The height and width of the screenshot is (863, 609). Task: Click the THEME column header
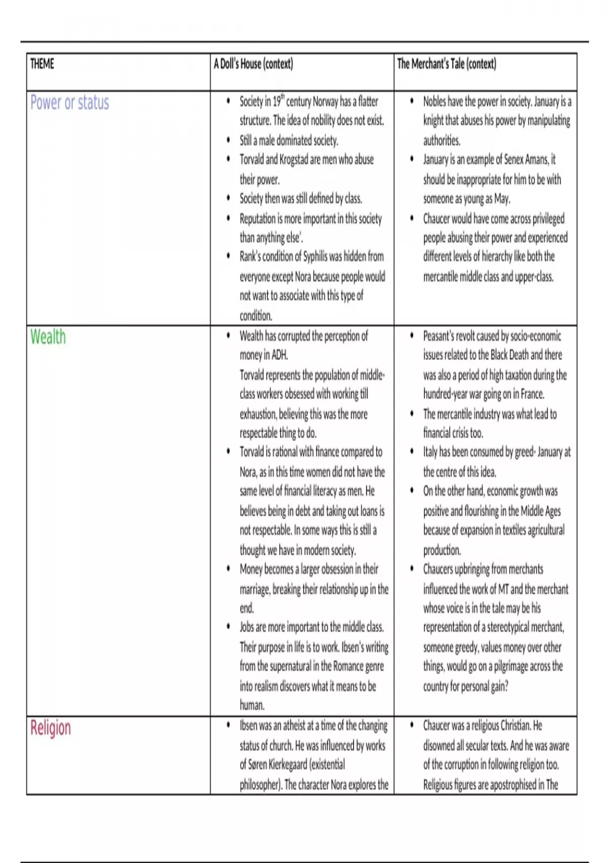click(x=42, y=64)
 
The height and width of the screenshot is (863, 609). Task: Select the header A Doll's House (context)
click(x=253, y=64)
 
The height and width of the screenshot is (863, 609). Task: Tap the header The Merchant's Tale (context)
click(x=447, y=64)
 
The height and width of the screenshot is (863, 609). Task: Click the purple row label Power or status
click(x=70, y=103)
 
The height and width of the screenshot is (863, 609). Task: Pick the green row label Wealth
click(x=48, y=337)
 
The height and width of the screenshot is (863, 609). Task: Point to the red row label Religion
click(x=51, y=728)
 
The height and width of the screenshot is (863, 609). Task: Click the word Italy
click(x=430, y=452)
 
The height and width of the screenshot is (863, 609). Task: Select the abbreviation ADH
click(x=280, y=355)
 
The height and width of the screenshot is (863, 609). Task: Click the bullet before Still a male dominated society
click(x=228, y=140)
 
